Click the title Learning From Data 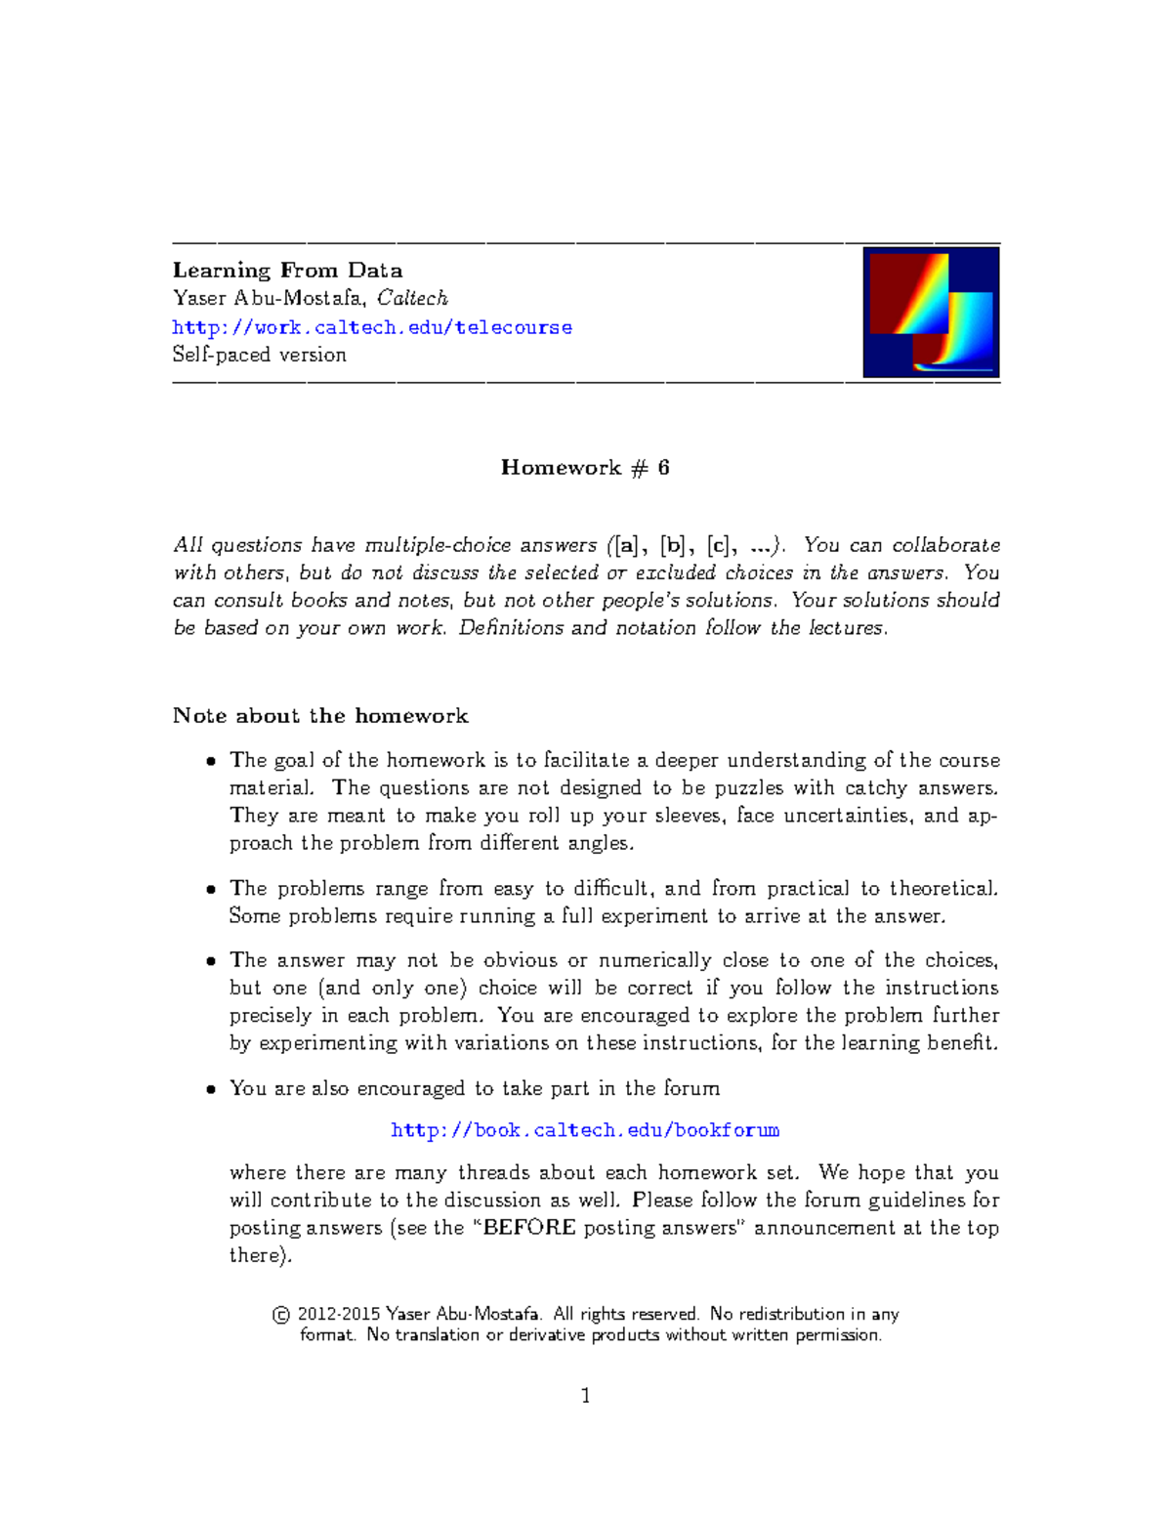point(287,271)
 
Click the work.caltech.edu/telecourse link point(372,327)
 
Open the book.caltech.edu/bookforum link point(584,1130)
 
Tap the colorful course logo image point(931,313)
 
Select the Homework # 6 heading point(585,468)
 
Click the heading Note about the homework point(320,716)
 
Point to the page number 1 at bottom point(585,1396)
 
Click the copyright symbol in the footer point(281,1315)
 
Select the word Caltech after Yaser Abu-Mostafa point(412,298)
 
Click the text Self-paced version point(259,355)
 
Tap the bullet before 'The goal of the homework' point(211,762)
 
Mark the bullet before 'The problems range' point(211,890)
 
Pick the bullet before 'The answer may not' point(211,961)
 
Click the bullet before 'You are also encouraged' point(211,1089)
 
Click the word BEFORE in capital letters point(529,1228)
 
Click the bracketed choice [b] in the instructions point(673,545)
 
